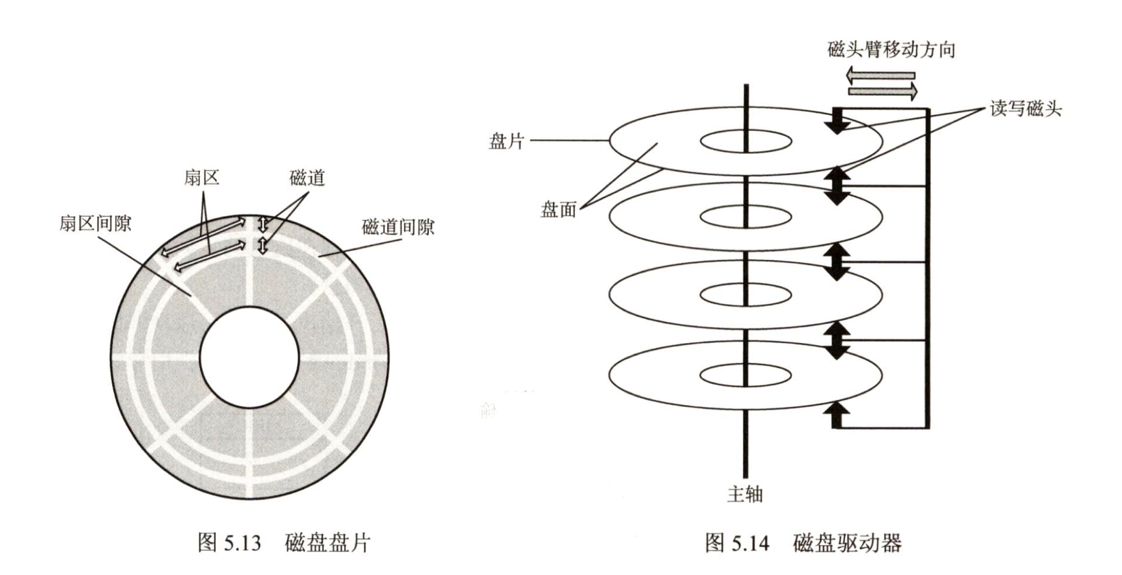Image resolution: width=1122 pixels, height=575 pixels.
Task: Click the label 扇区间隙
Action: (x=95, y=223)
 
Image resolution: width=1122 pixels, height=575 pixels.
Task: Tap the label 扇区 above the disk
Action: (x=202, y=177)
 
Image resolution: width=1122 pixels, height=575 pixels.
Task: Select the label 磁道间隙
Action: (x=398, y=227)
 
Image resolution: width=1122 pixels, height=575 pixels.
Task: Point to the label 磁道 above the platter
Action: (x=307, y=178)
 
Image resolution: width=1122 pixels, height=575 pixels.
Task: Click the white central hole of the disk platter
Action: (x=250, y=357)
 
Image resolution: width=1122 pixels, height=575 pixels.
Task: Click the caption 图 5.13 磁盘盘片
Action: (x=284, y=542)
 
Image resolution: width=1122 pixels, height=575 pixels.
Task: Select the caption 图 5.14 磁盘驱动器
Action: (x=803, y=542)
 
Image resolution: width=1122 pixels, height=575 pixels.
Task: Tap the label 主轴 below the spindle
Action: (x=745, y=494)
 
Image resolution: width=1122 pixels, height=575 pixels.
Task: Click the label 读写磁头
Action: (x=1026, y=109)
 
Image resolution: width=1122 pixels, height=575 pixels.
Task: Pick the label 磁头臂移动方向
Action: (x=891, y=50)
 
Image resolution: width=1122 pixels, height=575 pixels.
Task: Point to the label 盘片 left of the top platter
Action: (x=506, y=141)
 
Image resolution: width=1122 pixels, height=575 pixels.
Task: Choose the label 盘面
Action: (x=558, y=210)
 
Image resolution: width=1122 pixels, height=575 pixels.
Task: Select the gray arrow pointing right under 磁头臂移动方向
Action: (x=883, y=91)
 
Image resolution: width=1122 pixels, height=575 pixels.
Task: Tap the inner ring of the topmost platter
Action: (x=746, y=141)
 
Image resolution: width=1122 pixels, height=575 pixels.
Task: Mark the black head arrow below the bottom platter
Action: (x=837, y=414)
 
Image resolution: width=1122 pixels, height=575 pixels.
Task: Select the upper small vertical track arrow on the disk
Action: (x=263, y=224)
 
